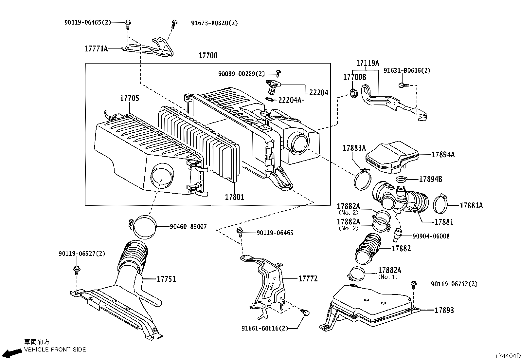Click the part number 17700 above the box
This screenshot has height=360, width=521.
click(208, 55)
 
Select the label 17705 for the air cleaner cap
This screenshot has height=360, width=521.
click(130, 98)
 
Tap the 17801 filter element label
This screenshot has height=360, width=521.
click(234, 197)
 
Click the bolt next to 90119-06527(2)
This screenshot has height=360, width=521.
click(77, 270)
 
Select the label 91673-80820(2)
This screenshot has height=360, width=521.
click(214, 23)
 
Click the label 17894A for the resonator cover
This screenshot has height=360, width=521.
click(443, 155)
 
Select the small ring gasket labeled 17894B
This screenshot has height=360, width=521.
click(401, 179)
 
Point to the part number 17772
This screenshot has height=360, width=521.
click(308, 278)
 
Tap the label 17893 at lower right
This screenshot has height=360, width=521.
click(444, 310)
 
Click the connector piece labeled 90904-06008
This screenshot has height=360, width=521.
click(398, 234)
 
